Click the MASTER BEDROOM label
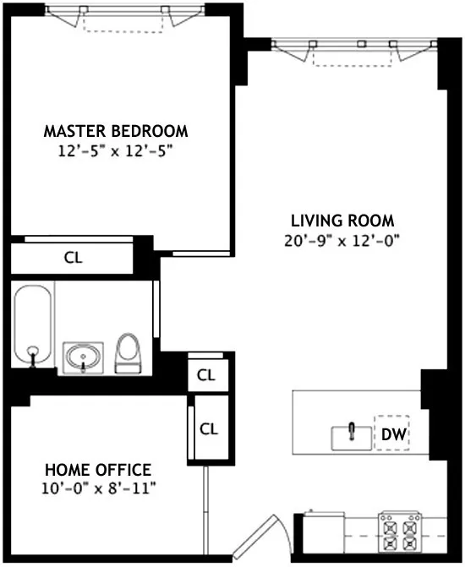pos(116,132)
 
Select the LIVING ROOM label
pos(340,221)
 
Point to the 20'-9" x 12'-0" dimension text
pos(340,240)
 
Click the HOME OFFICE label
pos(97,470)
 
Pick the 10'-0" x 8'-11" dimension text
pos(97,488)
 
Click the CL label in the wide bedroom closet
pos(74,258)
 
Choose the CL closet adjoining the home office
pos(208,428)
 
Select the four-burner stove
pos(397,531)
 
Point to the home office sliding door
pos(203,508)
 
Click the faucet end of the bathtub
pos(33,355)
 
